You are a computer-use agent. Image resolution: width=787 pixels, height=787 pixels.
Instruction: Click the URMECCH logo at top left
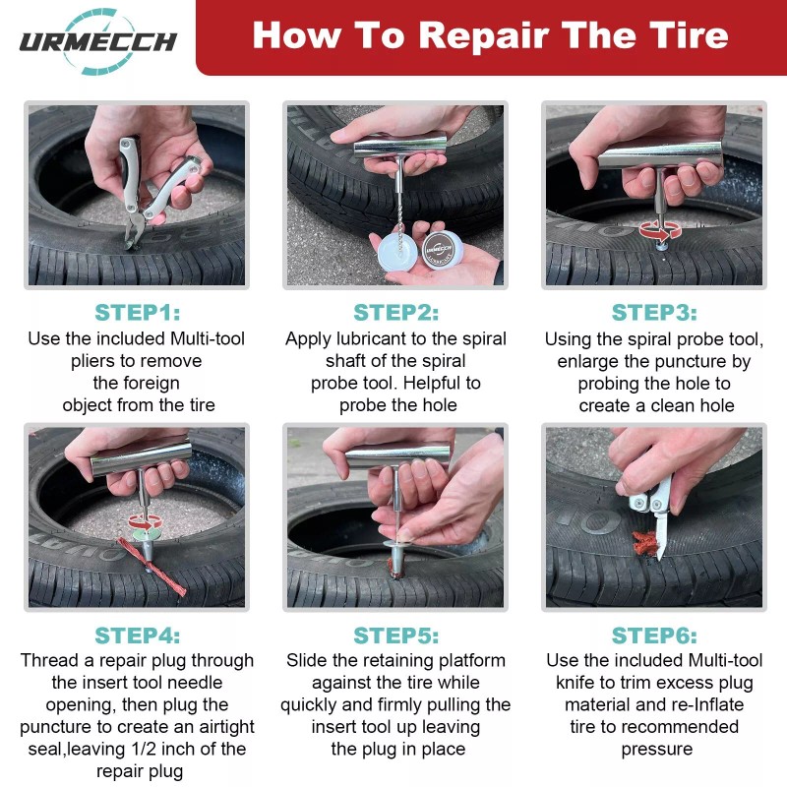pos(98,41)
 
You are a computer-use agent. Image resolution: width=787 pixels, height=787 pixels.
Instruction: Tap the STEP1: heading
pos(138,313)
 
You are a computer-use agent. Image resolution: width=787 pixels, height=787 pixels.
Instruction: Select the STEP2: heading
pos(396,313)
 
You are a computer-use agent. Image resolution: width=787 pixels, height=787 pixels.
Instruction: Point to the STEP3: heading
pos(654,313)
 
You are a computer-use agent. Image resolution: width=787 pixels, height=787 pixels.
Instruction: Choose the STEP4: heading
pos(138,636)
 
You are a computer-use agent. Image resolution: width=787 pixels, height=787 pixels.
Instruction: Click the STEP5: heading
pos(396,636)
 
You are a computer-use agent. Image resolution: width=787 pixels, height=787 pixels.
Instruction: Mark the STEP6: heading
pos(654,636)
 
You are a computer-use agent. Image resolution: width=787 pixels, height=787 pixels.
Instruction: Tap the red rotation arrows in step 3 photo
pos(660,231)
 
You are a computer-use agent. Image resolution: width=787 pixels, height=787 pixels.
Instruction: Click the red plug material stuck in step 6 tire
pos(644,544)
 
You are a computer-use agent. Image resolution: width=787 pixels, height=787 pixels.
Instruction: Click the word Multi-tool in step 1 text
pos(208,338)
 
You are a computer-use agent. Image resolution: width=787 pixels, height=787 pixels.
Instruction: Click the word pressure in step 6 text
pos(656,750)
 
